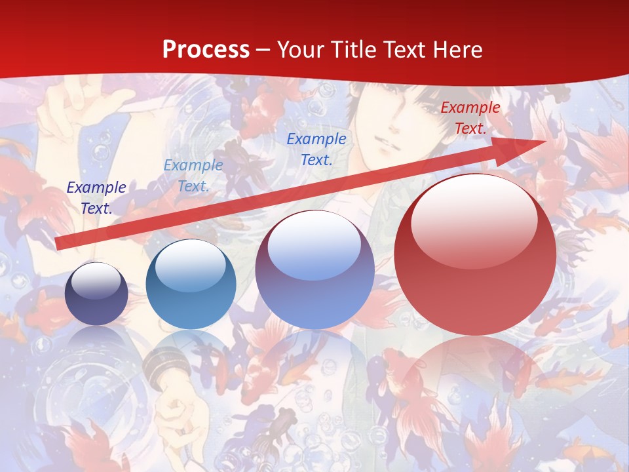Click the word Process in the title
point(206,50)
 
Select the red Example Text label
point(470,118)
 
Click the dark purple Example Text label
point(96,197)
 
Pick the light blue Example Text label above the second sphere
point(193,176)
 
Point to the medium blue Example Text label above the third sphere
point(316,149)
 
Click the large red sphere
point(475,275)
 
